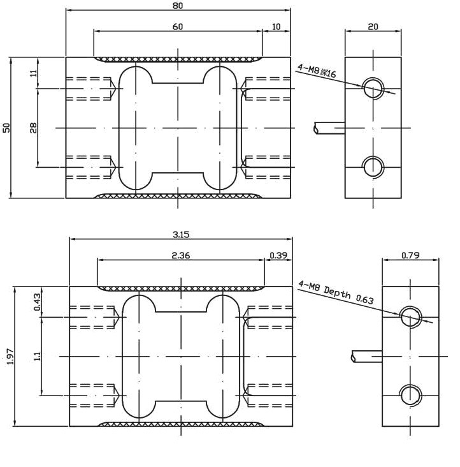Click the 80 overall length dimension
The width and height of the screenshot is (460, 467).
(178, 6)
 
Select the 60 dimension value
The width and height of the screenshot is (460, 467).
(178, 27)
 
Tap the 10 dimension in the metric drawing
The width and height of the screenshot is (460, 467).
(277, 27)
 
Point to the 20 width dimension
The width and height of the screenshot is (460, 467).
(373, 27)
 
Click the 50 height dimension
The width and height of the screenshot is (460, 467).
(6, 128)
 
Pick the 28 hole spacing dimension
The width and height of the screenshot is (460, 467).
(34, 128)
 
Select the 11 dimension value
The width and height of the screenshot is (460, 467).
(34, 73)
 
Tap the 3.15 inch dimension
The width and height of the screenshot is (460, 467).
(181, 235)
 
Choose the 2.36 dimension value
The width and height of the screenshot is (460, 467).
(181, 256)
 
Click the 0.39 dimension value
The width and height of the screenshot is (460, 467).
(278, 256)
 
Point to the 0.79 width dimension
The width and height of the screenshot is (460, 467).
(410, 256)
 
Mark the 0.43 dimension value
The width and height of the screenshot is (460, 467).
(38, 302)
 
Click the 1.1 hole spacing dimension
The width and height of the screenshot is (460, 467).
(38, 356)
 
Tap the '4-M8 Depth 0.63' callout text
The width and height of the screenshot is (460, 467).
(336, 293)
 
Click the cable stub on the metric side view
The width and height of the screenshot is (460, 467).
(329, 128)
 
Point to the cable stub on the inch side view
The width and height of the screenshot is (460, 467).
(366, 356)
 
